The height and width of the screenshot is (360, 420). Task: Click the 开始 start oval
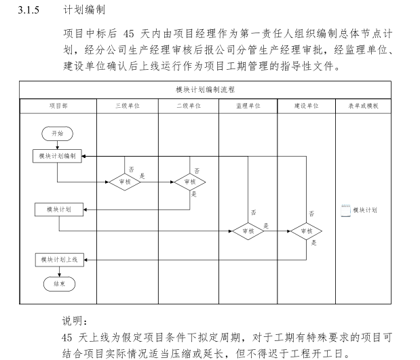point(57,134)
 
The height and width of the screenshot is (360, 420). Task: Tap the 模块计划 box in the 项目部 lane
point(58,209)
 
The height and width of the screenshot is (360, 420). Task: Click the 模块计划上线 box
point(58,259)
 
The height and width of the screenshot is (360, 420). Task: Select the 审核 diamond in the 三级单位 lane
point(125,182)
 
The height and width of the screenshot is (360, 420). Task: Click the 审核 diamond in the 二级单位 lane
point(189,182)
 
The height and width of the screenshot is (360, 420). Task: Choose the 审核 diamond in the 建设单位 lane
point(306,231)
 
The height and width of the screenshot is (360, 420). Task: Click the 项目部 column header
point(58,106)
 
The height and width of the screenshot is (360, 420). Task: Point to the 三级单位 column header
point(127,106)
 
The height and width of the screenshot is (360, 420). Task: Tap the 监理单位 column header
point(248,106)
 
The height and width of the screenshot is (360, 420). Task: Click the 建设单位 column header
point(306,106)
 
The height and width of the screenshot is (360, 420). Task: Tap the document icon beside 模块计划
point(346,210)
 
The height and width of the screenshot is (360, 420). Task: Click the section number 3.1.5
point(32,12)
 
